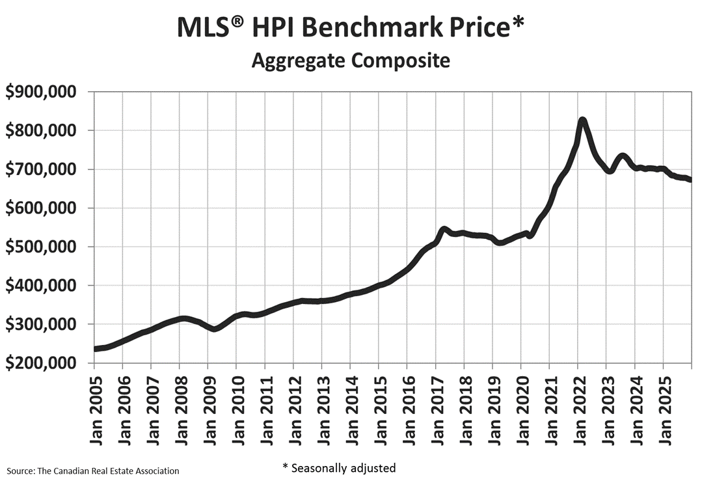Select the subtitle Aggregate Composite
[x=351, y=61]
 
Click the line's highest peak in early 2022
[x=582, y=120]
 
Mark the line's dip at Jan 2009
[x=213, y=329]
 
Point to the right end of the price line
[x=690, y=180]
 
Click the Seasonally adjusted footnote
[x=338, y=467]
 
